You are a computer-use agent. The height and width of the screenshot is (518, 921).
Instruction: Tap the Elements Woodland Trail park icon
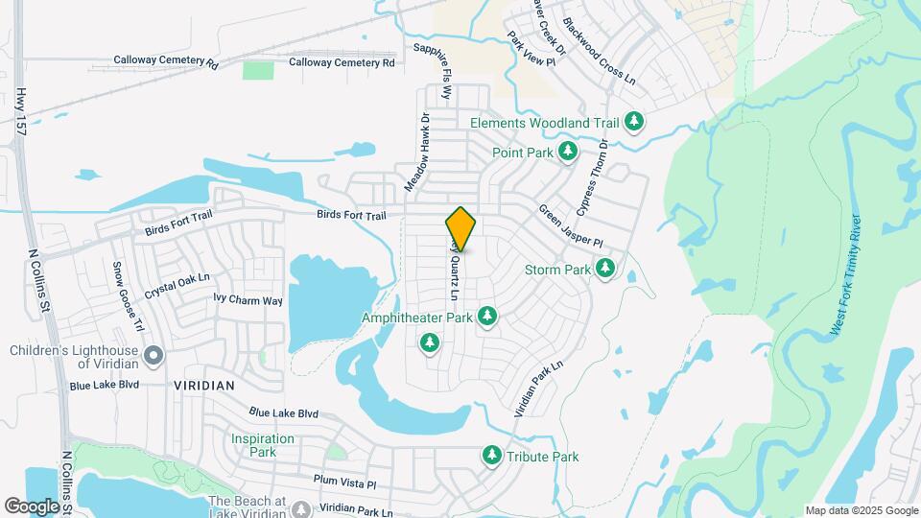pyautogui.click(x=633, y=122)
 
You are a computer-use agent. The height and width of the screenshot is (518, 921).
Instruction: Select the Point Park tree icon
pyautogui.click(x=568, y=152)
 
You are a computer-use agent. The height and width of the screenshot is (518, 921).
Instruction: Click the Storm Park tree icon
pyautogui.click(x=605, y=269)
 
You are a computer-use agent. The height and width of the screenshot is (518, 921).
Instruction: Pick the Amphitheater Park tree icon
pyautogui.click(x=487, y=316)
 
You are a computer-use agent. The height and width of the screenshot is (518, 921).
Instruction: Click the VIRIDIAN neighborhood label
pyautogui.click(x=204, y=385)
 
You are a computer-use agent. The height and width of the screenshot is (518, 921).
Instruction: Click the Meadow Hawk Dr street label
pyautogui.click(x=423, y=153)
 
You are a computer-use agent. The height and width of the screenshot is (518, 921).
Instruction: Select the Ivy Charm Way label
pyautogui.click(x=248, y=300)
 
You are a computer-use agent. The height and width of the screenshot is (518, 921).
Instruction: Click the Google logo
pyautogui.click(x=31, y=506)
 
